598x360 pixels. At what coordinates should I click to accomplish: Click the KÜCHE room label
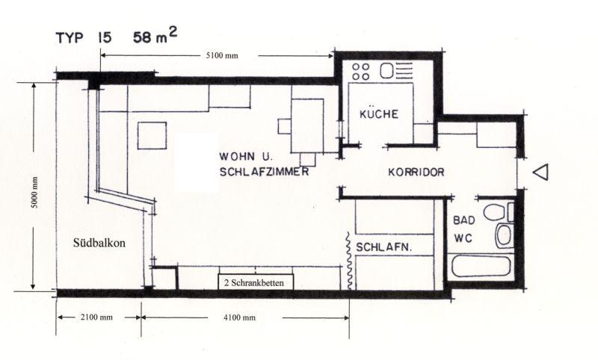tap(379, 114)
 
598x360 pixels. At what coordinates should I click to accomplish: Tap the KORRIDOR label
tap(416, 173)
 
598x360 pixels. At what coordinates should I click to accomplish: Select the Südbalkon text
tap(99, 243)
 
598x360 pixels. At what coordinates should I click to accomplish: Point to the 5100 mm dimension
tap(222, 55)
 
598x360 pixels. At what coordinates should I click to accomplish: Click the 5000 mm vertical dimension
tap(34, 193)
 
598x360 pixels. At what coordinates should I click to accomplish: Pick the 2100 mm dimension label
tap(96, 317)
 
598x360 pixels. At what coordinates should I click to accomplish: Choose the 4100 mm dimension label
tap(239, 317)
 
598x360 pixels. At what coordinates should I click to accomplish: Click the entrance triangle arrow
tap(540, 172)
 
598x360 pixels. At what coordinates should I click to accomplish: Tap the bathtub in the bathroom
tap(481, 267)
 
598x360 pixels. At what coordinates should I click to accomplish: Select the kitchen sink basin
tap(386, 71)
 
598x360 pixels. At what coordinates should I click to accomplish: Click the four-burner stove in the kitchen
tap(361, 72)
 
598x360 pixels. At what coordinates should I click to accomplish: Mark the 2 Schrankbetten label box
tap(256, 282)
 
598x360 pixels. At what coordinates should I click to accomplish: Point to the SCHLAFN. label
tap(383, 248)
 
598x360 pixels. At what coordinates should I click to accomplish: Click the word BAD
tap(464, 220)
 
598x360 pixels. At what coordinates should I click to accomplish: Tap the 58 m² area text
tap(155, 35)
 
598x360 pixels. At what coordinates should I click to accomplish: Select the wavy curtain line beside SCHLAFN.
tap(348, 261)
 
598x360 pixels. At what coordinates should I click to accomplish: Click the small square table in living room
tap(152, 136)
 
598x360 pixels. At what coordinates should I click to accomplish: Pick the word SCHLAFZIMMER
tap(264, 172)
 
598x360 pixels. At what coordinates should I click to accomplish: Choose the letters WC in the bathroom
tap(463, 238)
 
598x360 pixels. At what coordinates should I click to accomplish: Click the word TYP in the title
tap(69, 38)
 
